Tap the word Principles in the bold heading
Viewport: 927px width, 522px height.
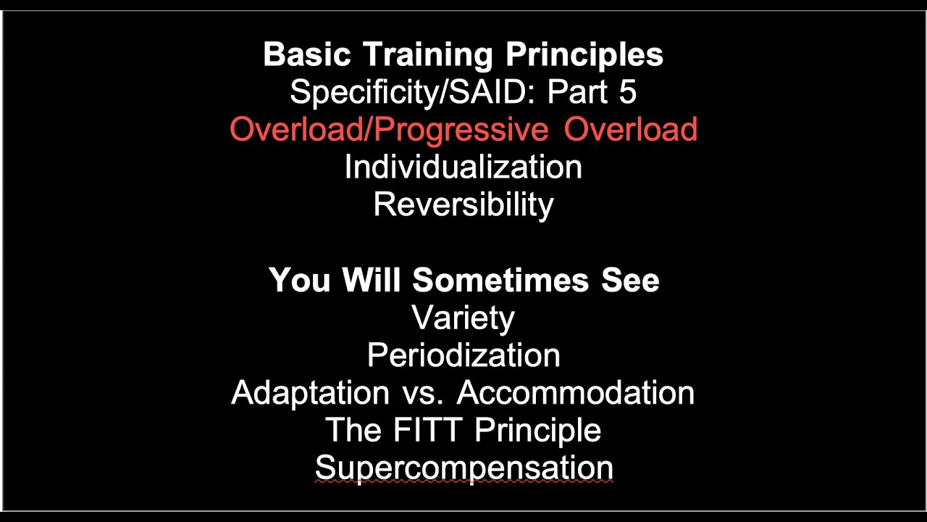tap(584, 55)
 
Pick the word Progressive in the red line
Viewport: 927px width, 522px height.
tap(461, 130)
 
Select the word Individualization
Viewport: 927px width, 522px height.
tap(463, 167)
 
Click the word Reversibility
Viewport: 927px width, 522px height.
tap(463, 205)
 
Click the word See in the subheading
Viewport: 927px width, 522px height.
tap(629, 280)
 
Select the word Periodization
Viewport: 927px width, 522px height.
tap(463, 355)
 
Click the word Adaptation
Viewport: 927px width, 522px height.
tap(310, 393)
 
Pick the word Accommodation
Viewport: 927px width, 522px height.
tap(576, 393)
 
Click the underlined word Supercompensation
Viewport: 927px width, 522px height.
tap(463, 468)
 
